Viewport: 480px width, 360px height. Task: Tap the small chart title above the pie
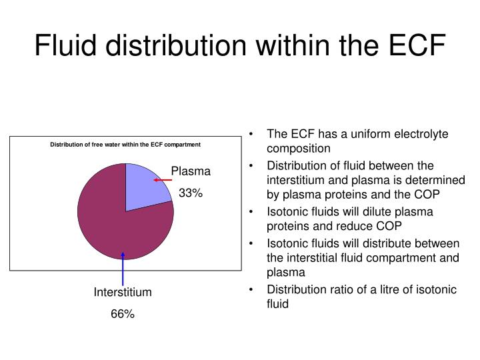pos(125,145)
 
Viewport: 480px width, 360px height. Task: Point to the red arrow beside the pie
pos(163,179)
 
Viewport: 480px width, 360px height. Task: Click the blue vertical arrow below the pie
pos(123,267)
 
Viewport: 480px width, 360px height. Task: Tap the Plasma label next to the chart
pos(191,171)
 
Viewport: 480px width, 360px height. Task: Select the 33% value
pos(190,193)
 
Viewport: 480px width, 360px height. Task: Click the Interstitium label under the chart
pos(123,292)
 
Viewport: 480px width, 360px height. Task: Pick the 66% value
pos(123,314)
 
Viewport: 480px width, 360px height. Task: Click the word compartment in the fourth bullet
pos(395,257)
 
